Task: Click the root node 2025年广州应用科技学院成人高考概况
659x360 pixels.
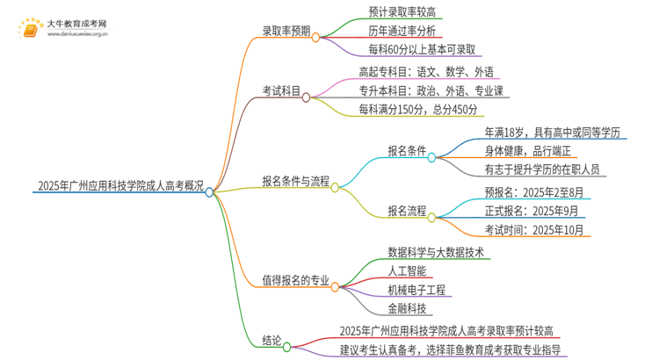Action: pyautogui.click(x=121, y=186)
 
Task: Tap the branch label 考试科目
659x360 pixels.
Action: pyautogui.click(x=279, y=92)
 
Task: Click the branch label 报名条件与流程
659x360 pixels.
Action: pyautogui.click(x=295, y=182)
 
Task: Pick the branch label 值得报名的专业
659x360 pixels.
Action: pyautogui.click(x=295, y=281)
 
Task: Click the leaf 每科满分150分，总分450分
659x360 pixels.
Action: pyautogui.click(x=418, y=110)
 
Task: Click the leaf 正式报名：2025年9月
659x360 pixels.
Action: pyautogui.click(x=532, y=211)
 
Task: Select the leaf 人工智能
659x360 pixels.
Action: pyautogui.click(x=408, y=270)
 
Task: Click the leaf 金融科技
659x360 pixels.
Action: pyautogui.click(x=408, y=308)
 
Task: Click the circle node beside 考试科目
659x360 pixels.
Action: pyautogui.click(x=306, y=97)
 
